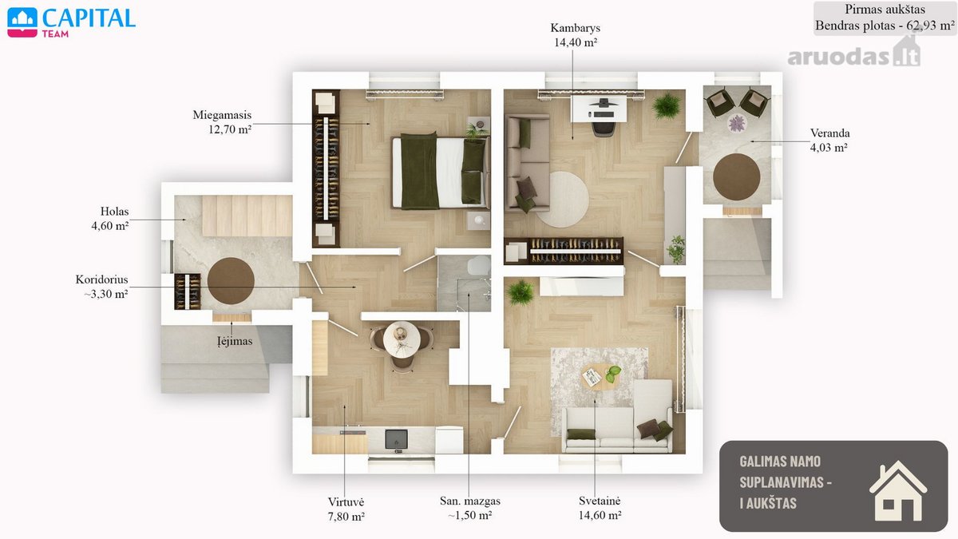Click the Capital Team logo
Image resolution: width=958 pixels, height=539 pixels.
[x=71, y=22]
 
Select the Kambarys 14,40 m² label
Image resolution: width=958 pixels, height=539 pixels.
[x=576, y=35]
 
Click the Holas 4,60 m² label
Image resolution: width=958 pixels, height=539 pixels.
[x=110, y=218]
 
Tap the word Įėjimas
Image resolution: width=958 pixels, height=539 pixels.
[x=235, y=341]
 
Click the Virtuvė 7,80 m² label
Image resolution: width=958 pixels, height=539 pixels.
[x=346, y=509]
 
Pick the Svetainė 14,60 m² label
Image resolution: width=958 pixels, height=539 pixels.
[x=600, y=508]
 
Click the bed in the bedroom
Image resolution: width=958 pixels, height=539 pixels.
[x=441, y=171]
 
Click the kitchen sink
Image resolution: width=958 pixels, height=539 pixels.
[x=397, y=440]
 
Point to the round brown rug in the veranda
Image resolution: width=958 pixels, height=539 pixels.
[x=736, y=176]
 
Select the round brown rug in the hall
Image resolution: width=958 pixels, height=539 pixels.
[x=231, y=281]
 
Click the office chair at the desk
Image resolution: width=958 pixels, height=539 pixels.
[x=604, y=127]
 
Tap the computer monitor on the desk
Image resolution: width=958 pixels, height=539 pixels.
[x=603, y=103]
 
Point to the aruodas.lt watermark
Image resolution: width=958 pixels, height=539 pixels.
[x=853, y=54]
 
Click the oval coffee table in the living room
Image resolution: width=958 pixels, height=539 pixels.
[x=602, y=377]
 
